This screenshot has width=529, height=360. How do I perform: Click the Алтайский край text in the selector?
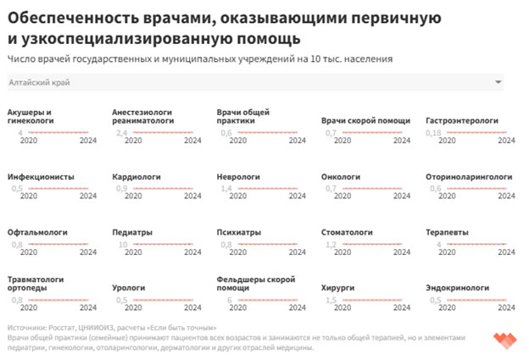pos(38,82)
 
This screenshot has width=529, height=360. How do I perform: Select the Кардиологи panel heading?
pos(136,176)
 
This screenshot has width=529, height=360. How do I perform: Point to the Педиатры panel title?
pos(132,231)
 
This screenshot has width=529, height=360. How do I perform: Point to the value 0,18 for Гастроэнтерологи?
pos(433,133)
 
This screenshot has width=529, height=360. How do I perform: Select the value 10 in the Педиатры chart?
pos(123,244)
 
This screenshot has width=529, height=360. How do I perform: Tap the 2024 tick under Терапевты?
pos(506,252)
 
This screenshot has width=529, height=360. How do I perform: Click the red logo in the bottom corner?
pos(504,341)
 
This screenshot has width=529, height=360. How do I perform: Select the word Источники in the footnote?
pos(27,327)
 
